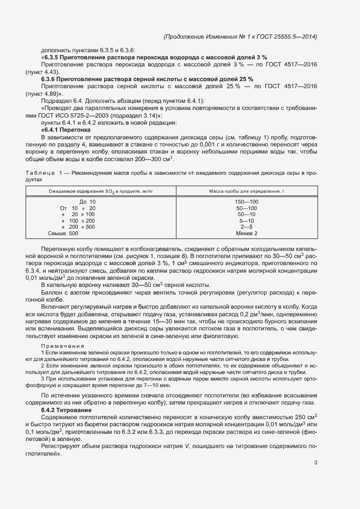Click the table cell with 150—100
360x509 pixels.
tap(247, 202)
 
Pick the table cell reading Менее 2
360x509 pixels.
tap(247, 233)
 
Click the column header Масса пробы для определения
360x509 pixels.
tap(247, 191)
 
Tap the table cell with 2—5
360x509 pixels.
tap(247, 226)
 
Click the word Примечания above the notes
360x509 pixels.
tap(63, 346)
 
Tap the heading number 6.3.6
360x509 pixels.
tap(49, 79)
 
